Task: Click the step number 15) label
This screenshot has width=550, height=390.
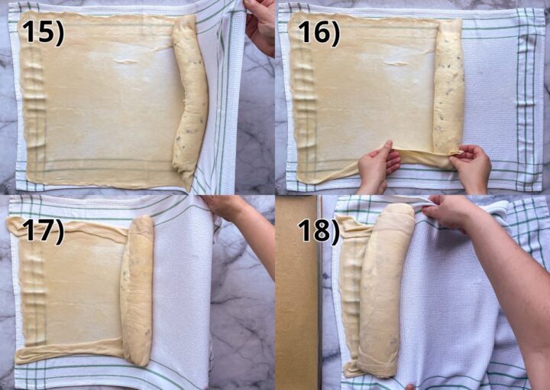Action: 42,31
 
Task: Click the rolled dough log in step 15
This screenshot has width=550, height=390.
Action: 189,96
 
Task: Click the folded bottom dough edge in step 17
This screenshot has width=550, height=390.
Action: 69,353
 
